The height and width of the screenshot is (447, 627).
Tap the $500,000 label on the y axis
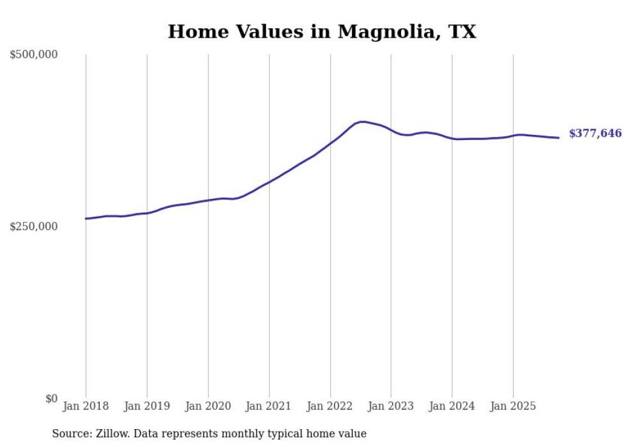[33, 54]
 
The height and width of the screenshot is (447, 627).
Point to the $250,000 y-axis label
[33, 226]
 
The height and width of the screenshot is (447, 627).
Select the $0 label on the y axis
[51, 398]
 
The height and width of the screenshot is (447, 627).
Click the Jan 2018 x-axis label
[86, 406]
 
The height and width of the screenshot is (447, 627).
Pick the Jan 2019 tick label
[147, 406]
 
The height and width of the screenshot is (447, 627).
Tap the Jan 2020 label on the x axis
[208, 406]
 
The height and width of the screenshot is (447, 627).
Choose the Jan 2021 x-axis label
[269, 406]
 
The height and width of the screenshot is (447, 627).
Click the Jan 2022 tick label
[330, 406]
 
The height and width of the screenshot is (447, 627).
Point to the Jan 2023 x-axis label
[391, 406]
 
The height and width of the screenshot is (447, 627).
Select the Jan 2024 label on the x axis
[452, 406]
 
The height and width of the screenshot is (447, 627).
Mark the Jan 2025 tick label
[513, 406]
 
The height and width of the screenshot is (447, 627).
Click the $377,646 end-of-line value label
[595, 134]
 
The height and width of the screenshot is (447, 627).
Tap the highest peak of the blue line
[363, 122]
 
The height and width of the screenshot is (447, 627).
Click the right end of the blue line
[559, 137]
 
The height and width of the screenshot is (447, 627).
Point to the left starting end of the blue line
[86, 219]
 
